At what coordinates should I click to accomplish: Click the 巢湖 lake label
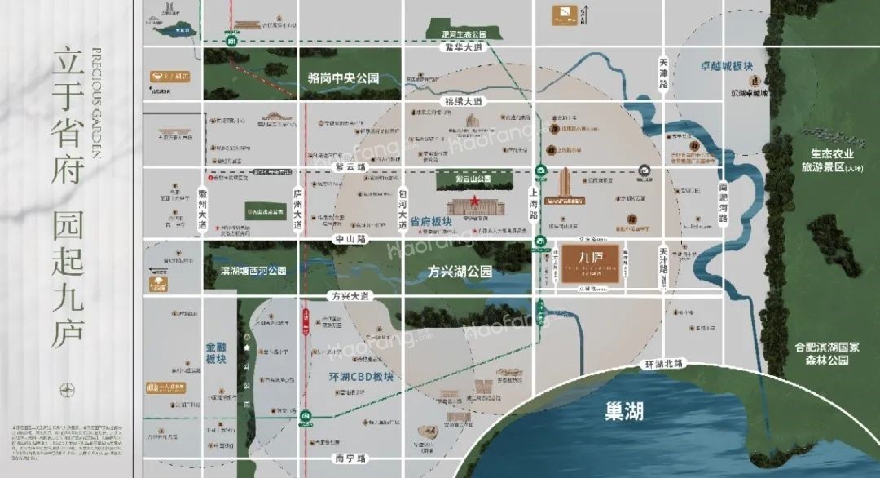pyautogui.click(x=624, y=409)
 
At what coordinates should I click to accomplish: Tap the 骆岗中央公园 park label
pyautogui.click(x=344, y=79)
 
